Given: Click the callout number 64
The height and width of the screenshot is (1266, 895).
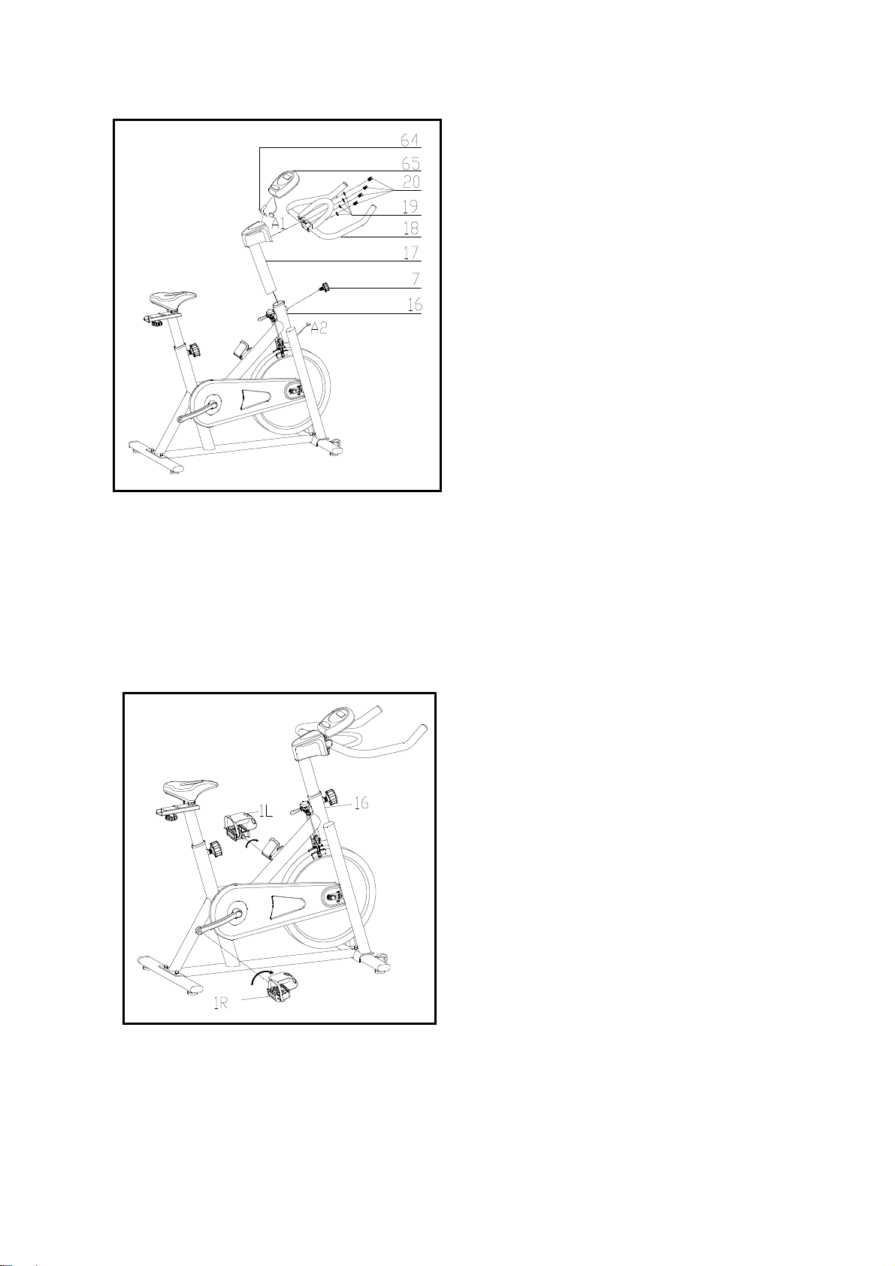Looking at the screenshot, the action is pyautogui.click(x=410, y=140).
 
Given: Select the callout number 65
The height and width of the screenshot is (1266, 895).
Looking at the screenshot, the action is pyautogui.click(x=410, y=163).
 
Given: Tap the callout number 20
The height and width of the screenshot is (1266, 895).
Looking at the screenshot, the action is pyautogui.click(x=411, y=182).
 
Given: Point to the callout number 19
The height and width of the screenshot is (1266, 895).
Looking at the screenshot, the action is pyautogui.click(x=410, y=207).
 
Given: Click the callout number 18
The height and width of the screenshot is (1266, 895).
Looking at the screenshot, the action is pyautogui.click(x=411, y=228).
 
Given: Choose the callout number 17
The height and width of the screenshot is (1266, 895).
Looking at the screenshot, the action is pyautogui.click(x=411, y=252).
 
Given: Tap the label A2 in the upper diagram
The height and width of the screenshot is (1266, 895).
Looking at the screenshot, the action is pyautogui.click(x=319, y=328).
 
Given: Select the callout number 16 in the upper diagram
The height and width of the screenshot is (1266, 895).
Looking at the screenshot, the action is pyautogui.click(x=414, y=304).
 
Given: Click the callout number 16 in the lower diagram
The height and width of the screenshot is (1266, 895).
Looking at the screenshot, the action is pyautogui.click(x=361, y=802).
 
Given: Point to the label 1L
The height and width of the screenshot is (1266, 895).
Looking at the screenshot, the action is pyautogui.click(x=266, y=811).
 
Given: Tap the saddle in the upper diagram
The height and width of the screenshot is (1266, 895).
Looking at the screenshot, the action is pyautogui.click(x=173, y=296).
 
